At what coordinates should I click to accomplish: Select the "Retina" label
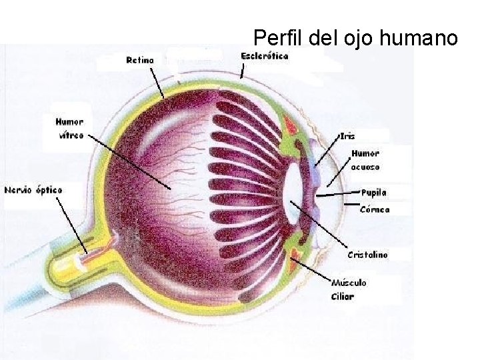[140, 60]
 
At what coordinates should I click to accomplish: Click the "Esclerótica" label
[265, 56]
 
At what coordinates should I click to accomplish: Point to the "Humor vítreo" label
[70, 129]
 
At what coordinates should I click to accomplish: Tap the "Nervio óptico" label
[33, 190]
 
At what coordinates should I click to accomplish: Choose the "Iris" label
[347, 136]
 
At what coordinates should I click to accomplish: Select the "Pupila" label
[373, 193]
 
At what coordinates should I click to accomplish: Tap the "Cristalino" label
[368, 255]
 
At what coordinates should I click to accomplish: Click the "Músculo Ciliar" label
[348, 289]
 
